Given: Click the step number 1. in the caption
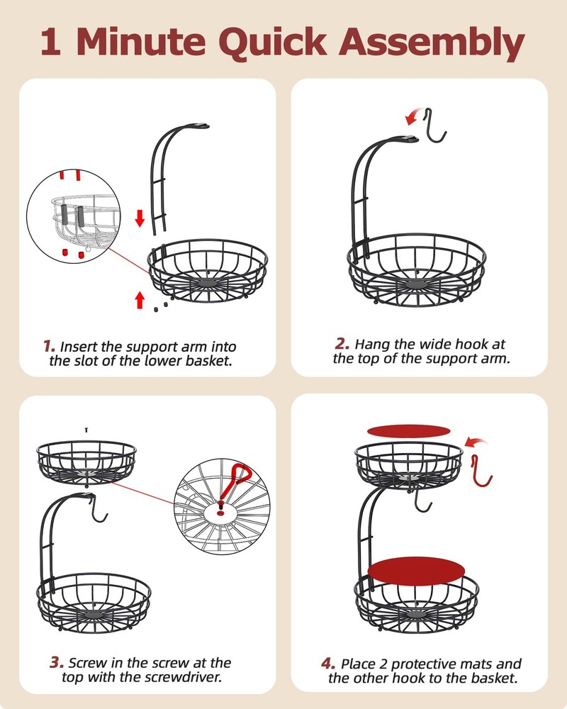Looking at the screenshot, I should point(49,347).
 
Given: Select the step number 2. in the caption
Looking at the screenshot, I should point(342,344).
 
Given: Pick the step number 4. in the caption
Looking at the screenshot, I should point(327,664).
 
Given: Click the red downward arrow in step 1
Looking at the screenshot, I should point(140,218).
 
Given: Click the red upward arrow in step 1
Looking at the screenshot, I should point(140,299).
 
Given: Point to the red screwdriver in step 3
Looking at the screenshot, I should point(233,481).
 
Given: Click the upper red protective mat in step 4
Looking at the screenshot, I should point(409,430).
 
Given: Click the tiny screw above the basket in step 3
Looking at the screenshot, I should point(86,429).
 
